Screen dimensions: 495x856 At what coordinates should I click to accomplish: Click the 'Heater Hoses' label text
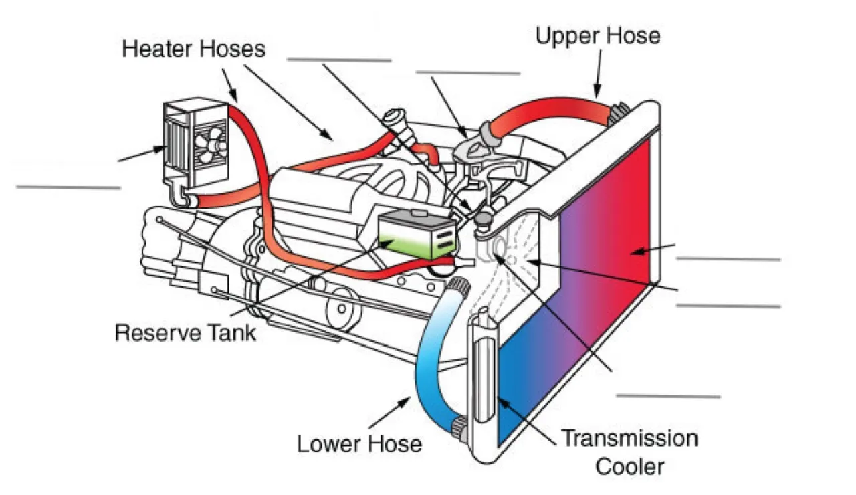[193, 49]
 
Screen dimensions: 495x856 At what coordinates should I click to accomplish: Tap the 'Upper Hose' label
[597, 35]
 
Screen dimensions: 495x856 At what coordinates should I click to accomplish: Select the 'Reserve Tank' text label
[185, 332]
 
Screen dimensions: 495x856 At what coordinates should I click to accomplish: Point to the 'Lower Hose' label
[359, 443]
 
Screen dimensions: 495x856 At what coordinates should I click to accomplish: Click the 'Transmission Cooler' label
[629, 452]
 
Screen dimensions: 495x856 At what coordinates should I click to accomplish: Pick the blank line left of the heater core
[68, 187]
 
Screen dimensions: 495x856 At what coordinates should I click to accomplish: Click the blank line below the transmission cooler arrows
[667, 397]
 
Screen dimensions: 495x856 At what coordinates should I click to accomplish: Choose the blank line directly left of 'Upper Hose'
[467, 72]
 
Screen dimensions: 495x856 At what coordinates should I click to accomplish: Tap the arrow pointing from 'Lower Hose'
[390, 413]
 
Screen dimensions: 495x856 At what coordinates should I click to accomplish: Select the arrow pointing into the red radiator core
[651, 250]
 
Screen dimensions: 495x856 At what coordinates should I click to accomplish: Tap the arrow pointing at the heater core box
[140, 154]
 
